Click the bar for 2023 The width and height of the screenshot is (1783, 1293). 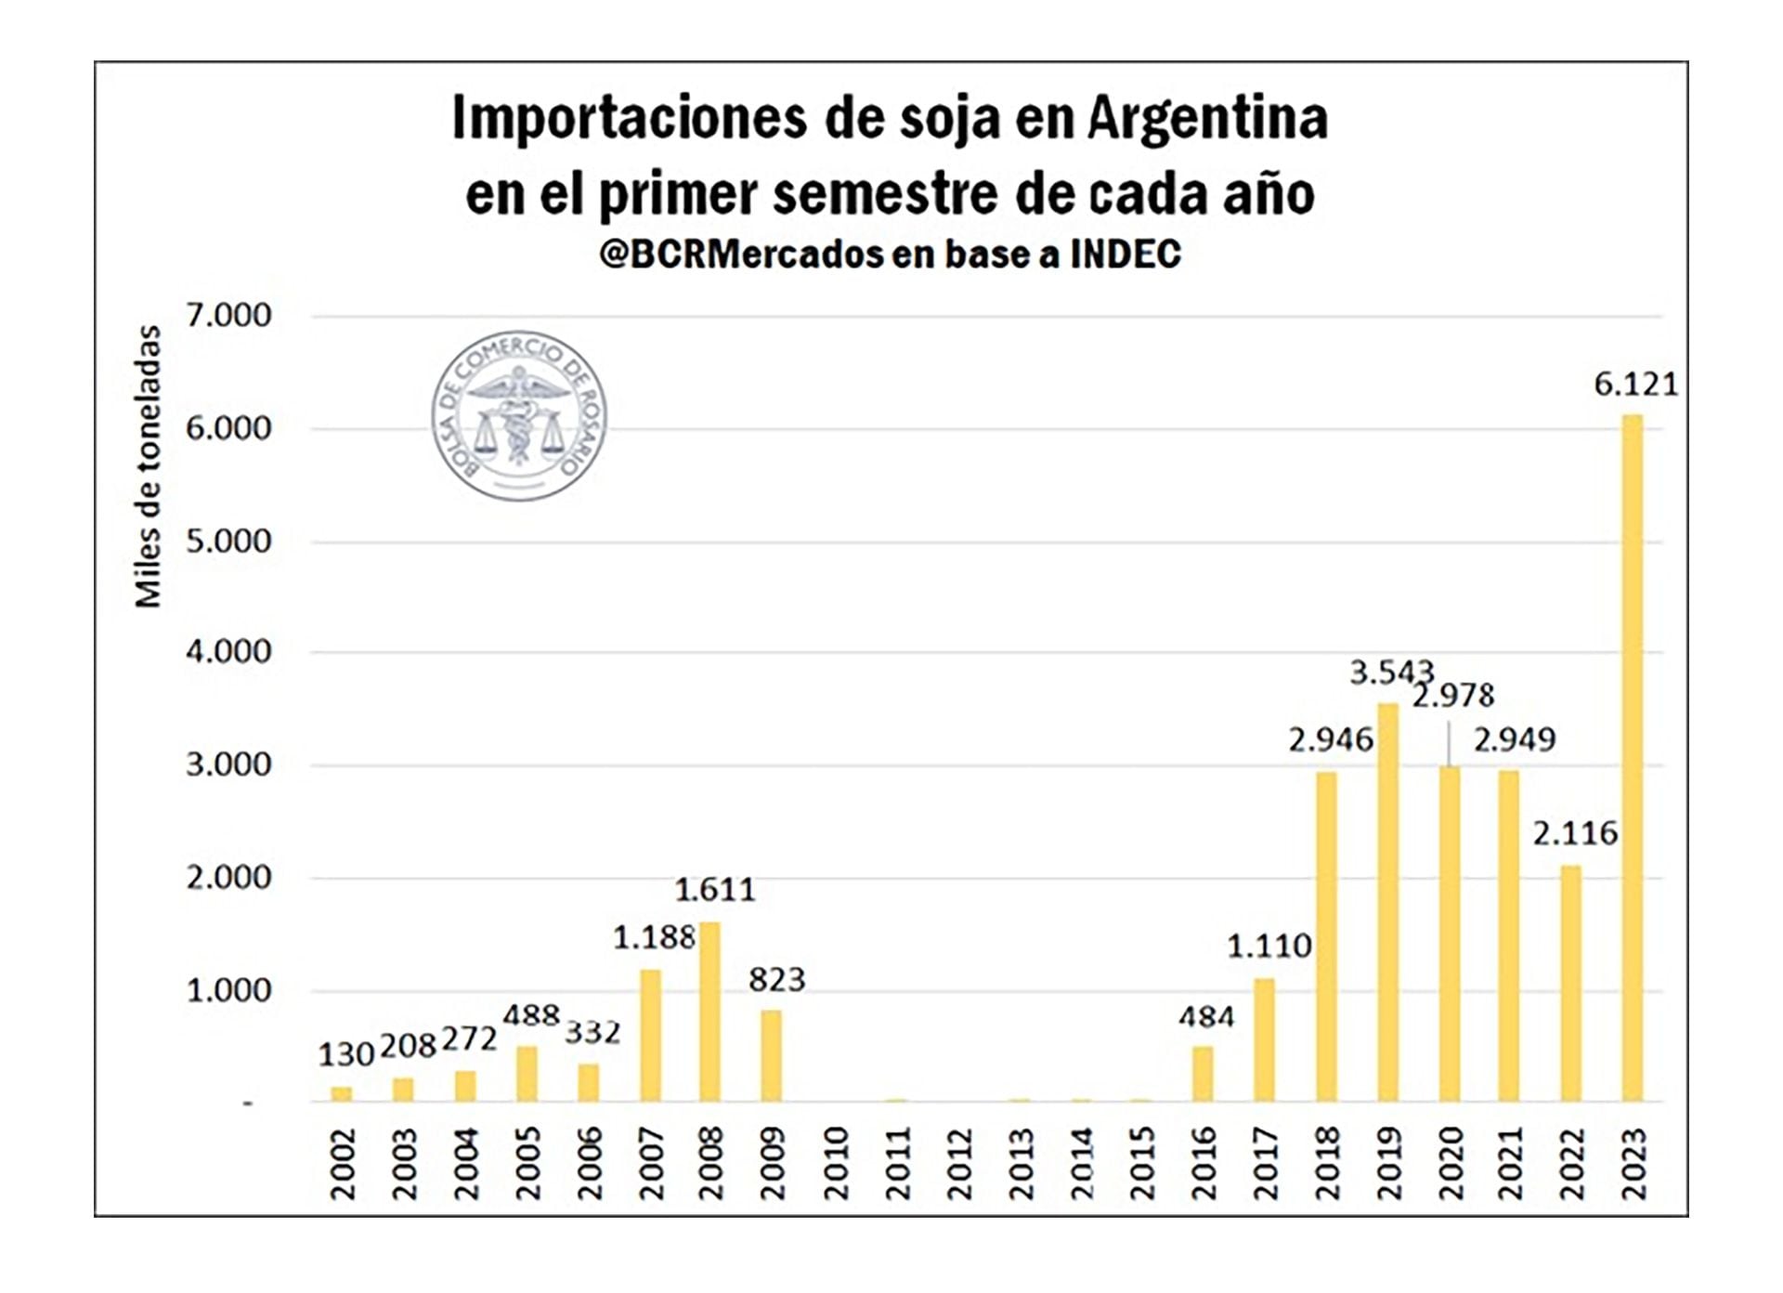pyautogui.click(x=1632, y=757)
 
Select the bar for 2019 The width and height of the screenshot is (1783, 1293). pyautogui.click(x=1387, y=902)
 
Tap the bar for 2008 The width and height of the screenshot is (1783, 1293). pyautogui.click(x=709, y=1012)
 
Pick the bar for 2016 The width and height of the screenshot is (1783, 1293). pyautogui.click(x=1203, y=1074)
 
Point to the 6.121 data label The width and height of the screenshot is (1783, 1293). pyautogui.click(x=1636, y=385)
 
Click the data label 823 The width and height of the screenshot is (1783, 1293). pyautogui.click(x=777, y=980)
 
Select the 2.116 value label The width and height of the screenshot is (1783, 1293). pyautogui.click(x=1575, y=833)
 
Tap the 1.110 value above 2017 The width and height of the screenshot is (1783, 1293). pyautogui.click(x=1269, y=947)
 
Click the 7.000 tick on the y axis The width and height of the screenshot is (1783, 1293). pyautogui.click(x=228, y=316)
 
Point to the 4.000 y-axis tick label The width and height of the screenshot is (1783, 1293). pyautogui.click(x=228, y=652)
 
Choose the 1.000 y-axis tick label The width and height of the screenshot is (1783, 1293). pyautogui.click(x=228, y=990)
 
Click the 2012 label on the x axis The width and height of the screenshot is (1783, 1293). pyautogui.click(x=959, y=1163)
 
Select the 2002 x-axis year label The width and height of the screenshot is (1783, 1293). pyautogui.click(x=343, y=1163)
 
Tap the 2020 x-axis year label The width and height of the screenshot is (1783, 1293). pyautogui.click(x=1451, y=1163)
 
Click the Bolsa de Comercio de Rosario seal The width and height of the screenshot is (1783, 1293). pyautogui.click(x=519, y=415)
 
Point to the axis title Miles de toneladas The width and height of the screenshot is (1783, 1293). pyautogui.click(x=149, y=466)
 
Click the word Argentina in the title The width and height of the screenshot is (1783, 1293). pyautogui.click(x=1207, y=119)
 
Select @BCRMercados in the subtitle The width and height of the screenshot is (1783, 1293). pyautogui.click(x=740, y=254)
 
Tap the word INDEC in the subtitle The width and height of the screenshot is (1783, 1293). pyautogui.click(x=1126, y=254)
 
